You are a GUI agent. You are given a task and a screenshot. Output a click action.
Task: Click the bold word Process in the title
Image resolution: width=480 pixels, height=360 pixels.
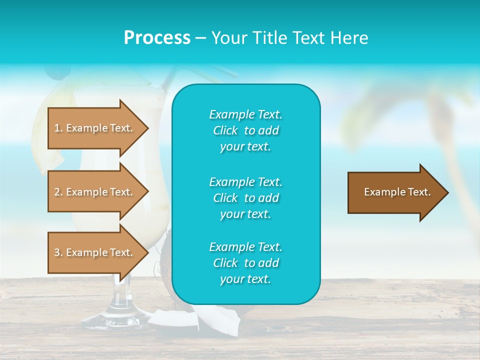(157, 38)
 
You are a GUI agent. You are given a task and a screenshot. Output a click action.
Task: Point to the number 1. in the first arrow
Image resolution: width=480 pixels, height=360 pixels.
(58, 128)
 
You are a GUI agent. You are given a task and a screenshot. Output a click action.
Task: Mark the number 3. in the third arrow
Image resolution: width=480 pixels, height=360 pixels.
(58, 253)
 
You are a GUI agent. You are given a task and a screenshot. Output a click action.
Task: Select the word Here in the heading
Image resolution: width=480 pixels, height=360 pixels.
(349, 38)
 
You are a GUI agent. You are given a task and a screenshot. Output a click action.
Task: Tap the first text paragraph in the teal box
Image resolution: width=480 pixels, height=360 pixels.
(245, 130)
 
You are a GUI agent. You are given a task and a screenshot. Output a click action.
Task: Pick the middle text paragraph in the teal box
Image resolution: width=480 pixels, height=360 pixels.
(245, 197)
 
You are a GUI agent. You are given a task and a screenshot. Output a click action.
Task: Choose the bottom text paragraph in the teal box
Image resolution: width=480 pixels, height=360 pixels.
(245, 263)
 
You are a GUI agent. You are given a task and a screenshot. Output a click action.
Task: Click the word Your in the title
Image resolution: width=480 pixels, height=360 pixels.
(228, 38)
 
